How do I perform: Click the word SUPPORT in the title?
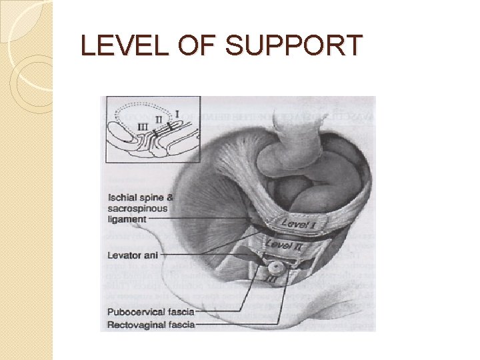coord(294,45)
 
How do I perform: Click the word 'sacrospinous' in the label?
coord(138,208)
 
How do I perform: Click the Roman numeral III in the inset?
coord(142,126)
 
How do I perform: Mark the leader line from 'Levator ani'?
coord(200,254)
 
